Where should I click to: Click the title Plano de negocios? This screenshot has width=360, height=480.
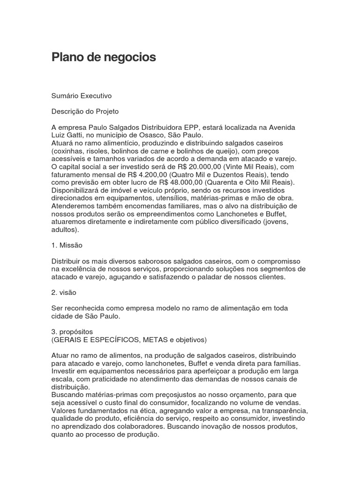click(x=103, y=58)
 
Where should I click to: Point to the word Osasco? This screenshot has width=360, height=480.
click(x=150, y=135)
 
